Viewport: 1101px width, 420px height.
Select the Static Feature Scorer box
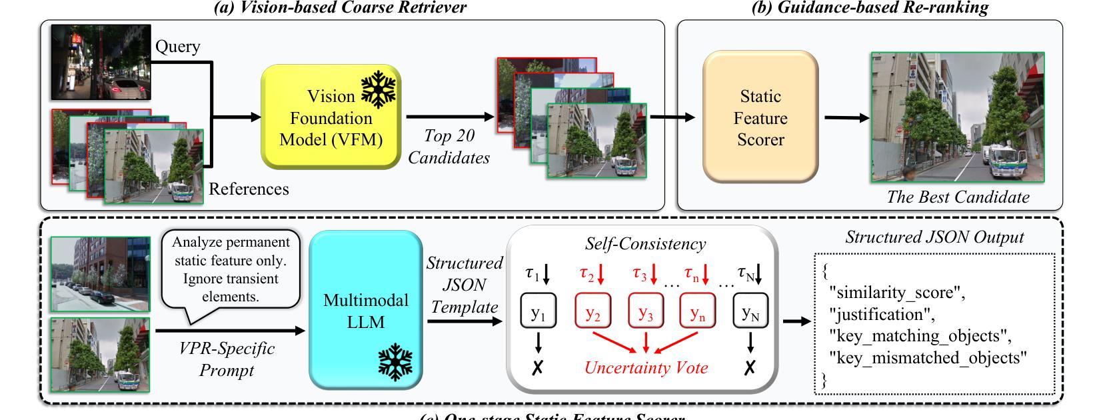coord(760,118)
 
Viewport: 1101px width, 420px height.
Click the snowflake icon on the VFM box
coord(379,91)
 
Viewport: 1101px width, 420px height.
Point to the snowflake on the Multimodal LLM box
coord(395,362)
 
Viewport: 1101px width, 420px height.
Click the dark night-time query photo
coord(101,62)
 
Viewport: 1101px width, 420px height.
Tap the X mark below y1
coord(538,367)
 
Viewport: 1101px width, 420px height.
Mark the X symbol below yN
coord(750,367)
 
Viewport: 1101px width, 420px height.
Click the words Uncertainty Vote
coord(646,367)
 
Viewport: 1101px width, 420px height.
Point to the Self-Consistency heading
coord(645,243)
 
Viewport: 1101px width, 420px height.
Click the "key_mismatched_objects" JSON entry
coord(928,358)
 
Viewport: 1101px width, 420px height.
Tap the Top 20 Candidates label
coord(449,147)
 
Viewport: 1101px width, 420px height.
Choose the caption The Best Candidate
coord(958,197)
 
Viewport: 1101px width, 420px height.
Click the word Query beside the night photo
coord(177,46)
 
